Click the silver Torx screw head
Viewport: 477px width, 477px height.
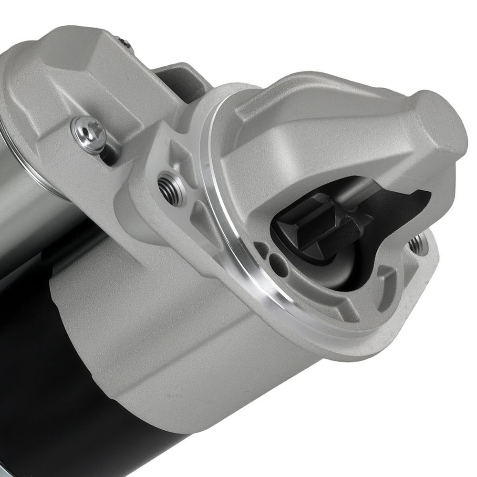click(x=88, y=134)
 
